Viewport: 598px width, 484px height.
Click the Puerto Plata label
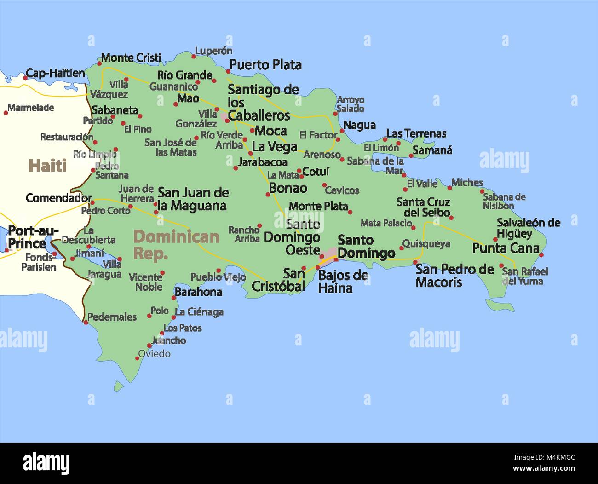(265, 65)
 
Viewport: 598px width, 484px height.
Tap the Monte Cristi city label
(131, 58)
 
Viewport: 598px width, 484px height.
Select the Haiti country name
(47, 166)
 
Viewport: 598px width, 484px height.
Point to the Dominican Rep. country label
(176, 244)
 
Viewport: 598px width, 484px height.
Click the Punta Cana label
(506, 248)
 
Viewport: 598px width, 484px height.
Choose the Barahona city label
(198, 292)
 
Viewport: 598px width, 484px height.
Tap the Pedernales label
(112, 317)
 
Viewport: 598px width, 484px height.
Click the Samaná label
(432, 150)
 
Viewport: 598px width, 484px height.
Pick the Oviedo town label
(155, 354)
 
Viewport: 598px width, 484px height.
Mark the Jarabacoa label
(263, 162)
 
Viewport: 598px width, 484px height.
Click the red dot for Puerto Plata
(228, 71)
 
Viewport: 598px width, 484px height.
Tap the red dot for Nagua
(341, 130)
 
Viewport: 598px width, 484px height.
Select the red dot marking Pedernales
(86, 323)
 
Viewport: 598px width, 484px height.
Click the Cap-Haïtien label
(55, 73)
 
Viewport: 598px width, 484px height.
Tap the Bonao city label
(288, 188)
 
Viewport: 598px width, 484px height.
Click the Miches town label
(467, 183)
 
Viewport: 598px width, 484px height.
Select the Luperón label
(213, 51)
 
